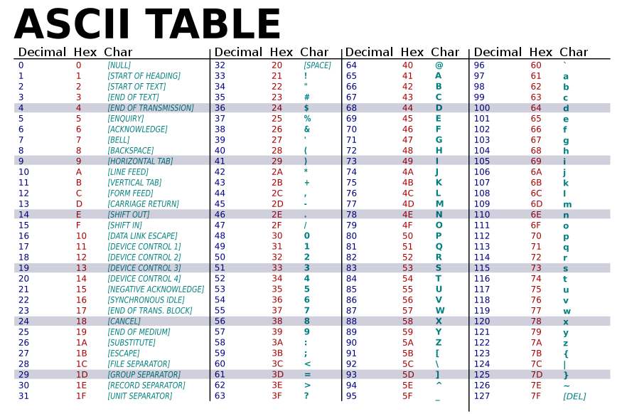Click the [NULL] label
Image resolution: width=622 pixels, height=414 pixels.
[119, 65]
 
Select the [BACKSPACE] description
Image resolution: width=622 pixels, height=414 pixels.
[130, 151]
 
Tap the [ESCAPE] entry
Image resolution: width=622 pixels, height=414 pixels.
[123, 354]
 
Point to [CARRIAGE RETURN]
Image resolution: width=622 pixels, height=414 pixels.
[143, 204]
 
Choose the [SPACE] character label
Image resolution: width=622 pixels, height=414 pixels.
[317, 65]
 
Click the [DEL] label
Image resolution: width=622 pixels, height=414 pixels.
[574, 396]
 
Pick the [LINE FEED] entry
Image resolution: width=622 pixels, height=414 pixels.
[128, 172]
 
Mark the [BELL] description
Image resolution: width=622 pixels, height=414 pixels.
[118, 140]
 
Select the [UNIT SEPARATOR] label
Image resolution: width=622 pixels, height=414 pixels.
[139, 396]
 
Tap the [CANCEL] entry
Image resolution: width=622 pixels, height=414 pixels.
[124, 322]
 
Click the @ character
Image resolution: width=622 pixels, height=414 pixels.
[439, 65]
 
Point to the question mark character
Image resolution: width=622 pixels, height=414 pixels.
[306, 396]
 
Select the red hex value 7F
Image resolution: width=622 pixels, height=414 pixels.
[536, 396]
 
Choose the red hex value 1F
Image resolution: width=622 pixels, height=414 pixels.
[80, 396]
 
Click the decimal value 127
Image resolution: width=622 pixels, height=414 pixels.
[482, 396]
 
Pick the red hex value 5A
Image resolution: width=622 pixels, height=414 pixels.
[407, 343]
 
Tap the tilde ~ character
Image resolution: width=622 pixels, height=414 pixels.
[566, 386]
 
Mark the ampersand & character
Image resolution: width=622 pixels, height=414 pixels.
[306, 129]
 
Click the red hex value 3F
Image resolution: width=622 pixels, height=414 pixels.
[277, 396]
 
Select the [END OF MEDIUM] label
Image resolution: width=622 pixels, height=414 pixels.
[139, 332]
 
